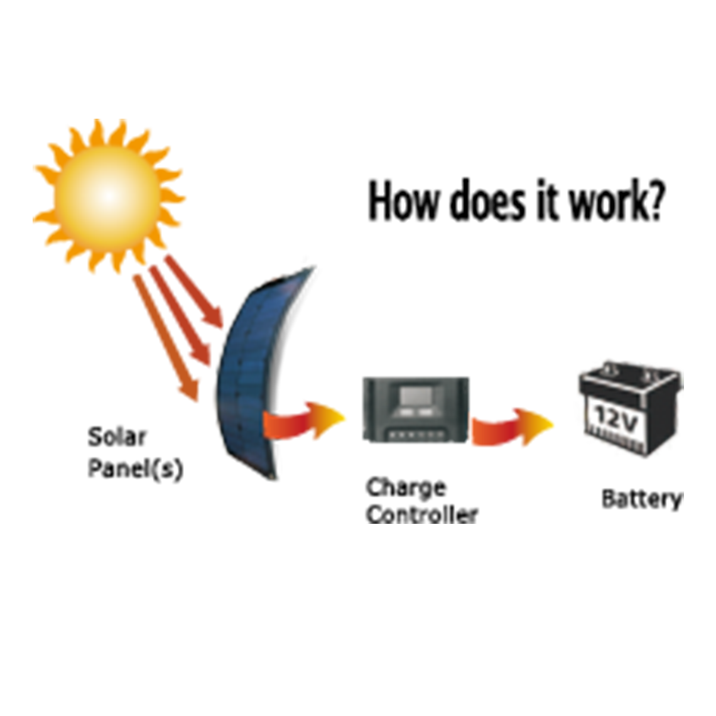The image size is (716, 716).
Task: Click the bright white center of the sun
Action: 108,195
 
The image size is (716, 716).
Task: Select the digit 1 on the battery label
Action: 600,415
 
